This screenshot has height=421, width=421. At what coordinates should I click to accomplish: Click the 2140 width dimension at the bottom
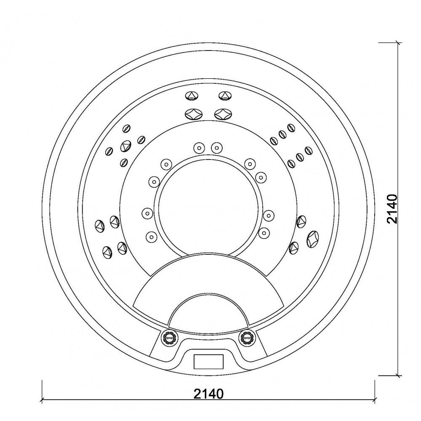coord(208,394)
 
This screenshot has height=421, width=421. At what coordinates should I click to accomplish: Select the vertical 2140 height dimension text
coord(392,209)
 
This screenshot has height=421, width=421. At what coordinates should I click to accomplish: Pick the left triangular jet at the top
coord(192,96)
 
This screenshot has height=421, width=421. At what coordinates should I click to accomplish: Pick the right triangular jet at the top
coord(225,96)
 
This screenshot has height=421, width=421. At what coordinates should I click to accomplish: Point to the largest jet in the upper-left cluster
coord(125,146)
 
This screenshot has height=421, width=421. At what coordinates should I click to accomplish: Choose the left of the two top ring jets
coord(198,147)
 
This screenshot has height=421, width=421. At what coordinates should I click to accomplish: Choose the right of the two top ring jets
coord(216,147)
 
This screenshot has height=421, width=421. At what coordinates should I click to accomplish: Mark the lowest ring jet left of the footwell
coord(151,237)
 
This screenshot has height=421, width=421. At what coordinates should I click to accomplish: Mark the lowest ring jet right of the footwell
coord(264,232)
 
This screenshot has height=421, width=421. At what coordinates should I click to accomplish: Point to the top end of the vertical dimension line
coord(398,42)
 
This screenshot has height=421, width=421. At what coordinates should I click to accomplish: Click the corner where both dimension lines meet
coord(398,400)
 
